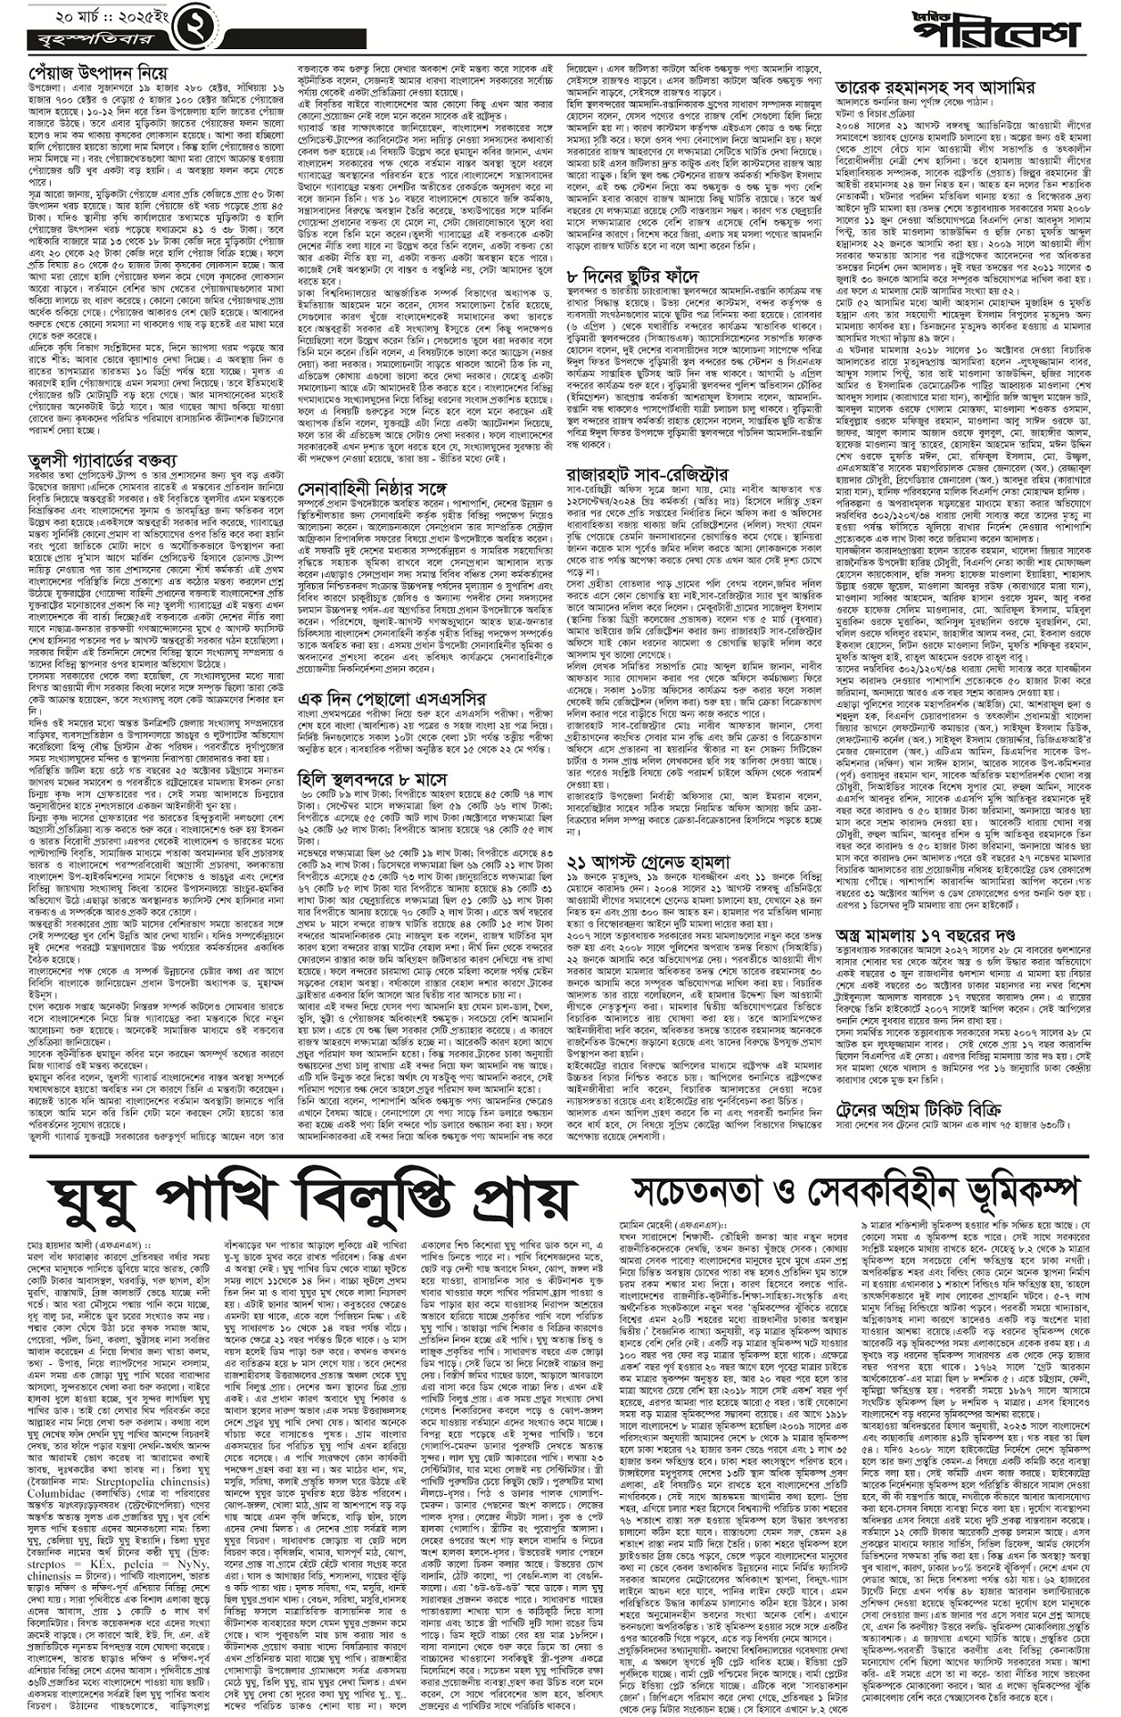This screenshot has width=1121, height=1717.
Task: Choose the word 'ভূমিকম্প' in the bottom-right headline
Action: click(x=1004, y=1188)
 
